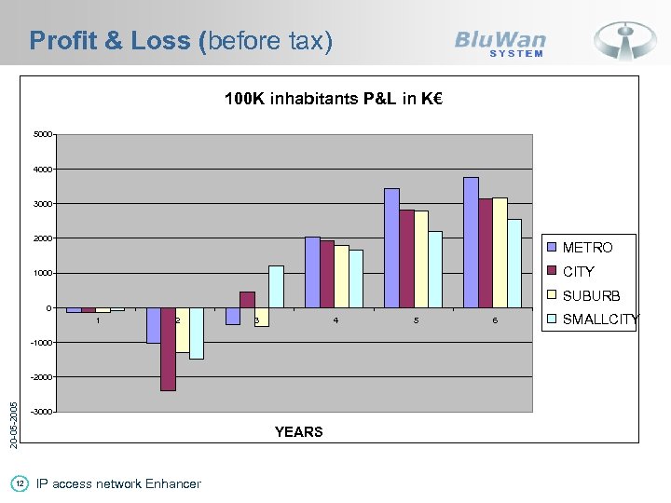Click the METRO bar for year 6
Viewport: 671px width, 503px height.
[471, 242]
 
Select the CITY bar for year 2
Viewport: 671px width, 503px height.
[168, 349]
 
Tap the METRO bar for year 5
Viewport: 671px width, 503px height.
[391, 248]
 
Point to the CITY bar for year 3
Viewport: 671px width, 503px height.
[247, 300]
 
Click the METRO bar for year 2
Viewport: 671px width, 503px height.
[153, 325]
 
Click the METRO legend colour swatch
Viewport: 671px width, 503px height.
[552, 248]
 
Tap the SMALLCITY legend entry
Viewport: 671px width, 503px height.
[600, 320]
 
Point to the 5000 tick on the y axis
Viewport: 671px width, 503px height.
[42, 135]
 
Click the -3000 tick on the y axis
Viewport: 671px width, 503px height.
[40, 412]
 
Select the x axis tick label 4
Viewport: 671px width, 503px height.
[335, 321]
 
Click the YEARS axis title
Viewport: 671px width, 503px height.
[298, 432]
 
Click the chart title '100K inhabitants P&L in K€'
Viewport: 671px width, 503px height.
[333, 99]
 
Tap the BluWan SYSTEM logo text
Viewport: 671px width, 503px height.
[500, 43]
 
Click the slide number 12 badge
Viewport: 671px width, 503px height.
[19, 483]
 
